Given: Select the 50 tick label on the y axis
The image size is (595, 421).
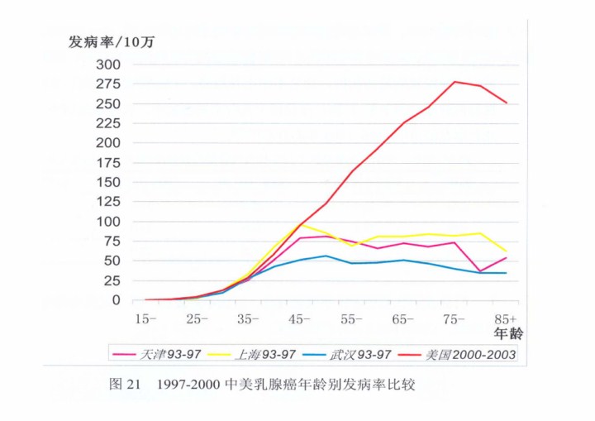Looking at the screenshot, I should (x=111, y=261).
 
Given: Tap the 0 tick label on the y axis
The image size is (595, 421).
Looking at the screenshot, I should (x=115, y=300).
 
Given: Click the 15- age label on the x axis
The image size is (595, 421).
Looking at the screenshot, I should (x=146, y=318).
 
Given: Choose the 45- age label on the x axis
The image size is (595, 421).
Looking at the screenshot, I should (x=301, y=318).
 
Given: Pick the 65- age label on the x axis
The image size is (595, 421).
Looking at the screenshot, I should (x=403, y=318).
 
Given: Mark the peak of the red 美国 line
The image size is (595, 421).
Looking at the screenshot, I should (x=455, y=82).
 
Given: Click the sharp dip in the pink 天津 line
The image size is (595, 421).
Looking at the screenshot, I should (x=480, y=270).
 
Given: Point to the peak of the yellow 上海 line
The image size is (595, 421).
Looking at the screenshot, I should (x=301, y=223).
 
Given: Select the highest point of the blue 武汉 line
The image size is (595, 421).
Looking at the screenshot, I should (x=326, y=256).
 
